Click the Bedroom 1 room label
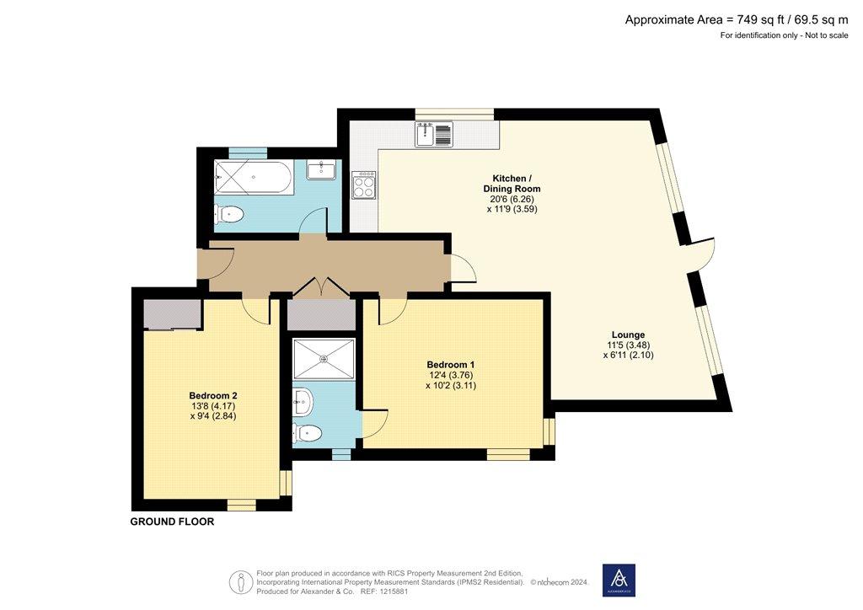click(451, 365)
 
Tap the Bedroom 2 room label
click(213, 395)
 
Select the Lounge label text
click(628, 334)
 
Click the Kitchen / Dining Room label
click(512, 183)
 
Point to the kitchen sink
click(434, 134)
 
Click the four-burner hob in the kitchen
click(364, 185)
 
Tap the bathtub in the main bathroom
click(255, 177)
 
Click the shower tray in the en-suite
click(324, 359)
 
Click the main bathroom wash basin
click(320, 170)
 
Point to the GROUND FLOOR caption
click(172, 522)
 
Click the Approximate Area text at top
click(737, 20)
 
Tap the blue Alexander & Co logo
click(619, 580)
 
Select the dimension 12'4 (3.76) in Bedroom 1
click(451, 375)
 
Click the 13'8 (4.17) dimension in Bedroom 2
click(212, 406)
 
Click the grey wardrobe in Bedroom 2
click(172, 314)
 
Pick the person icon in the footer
click(240, 582)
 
